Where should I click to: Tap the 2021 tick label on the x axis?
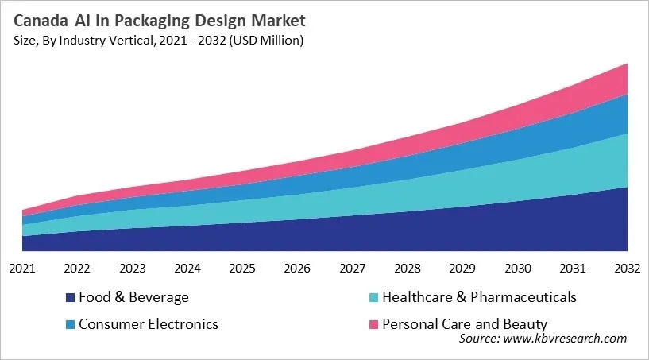click(22, 268)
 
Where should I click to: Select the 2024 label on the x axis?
click(187, 268)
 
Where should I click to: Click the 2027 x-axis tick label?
click(352, 268)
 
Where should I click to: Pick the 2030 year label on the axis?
click(517, 268)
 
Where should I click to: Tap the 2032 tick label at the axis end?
click(627, 268)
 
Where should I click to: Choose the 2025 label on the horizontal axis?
click(242, 268)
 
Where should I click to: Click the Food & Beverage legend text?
click(133, 298)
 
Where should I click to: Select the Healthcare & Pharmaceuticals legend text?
click(479, 298)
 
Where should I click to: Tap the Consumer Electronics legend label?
click(148, 324)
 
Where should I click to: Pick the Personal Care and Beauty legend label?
click(465, 324)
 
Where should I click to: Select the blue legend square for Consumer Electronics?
click(71, 325)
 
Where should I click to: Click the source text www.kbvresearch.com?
click(543, 339)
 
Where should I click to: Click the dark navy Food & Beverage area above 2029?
click(462, 230)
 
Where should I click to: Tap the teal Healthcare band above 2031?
click(572, 171)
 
